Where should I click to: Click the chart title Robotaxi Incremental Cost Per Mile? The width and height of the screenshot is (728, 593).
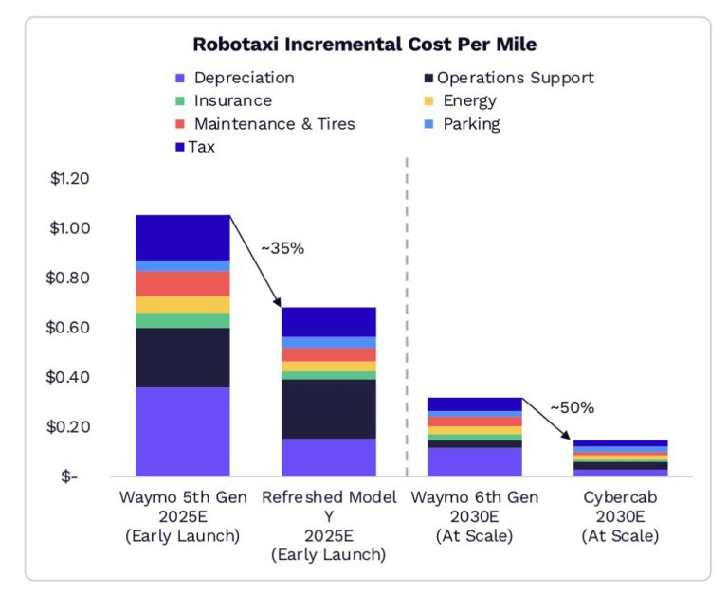tap(365, 45)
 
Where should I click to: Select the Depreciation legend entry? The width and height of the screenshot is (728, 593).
tap(244, 78)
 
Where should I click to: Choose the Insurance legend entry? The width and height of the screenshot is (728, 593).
tap(232, 100)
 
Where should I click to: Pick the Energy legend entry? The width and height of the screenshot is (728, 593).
tap(468, 100)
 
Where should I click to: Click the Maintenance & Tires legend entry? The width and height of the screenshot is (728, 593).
tap(274, 124)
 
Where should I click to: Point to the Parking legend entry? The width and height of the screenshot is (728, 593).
tap(471, 124)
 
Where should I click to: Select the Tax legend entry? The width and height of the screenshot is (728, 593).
tap(201, 147)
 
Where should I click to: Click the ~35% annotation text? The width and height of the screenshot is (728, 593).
tap(282, 248)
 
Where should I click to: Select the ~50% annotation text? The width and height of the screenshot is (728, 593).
tap(572, 408)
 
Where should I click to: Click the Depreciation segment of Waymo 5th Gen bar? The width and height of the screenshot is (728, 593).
tap(183, 431)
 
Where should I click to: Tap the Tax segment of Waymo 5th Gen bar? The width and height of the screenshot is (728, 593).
tap(183, 237)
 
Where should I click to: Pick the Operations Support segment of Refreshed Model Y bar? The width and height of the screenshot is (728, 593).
tap(329, 408)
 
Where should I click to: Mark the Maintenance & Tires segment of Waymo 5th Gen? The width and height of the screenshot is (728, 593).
tap(183, 283)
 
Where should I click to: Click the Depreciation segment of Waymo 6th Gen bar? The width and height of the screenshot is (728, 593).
tap(475, 461)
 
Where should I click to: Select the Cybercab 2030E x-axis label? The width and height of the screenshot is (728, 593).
tap(620, 516)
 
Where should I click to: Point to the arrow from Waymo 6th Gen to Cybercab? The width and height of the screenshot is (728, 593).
tap(547, 418)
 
